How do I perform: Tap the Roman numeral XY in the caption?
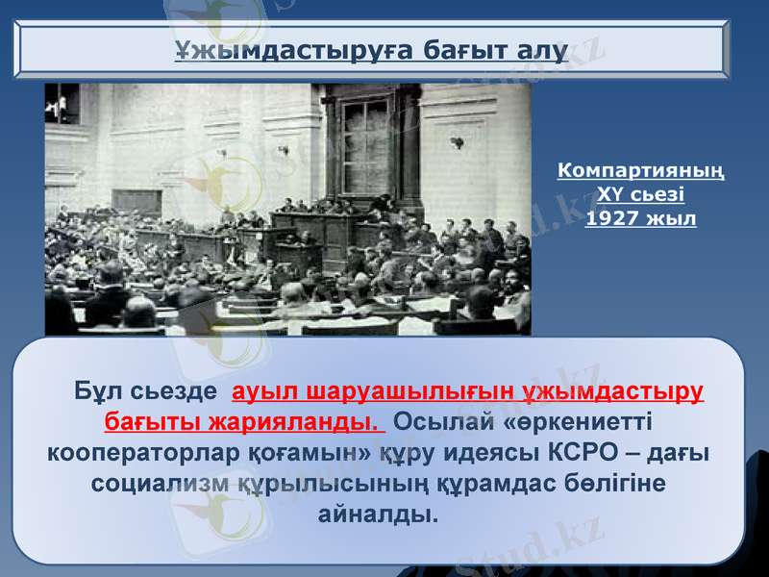[611, 195]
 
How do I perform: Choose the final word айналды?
[376, 513]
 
